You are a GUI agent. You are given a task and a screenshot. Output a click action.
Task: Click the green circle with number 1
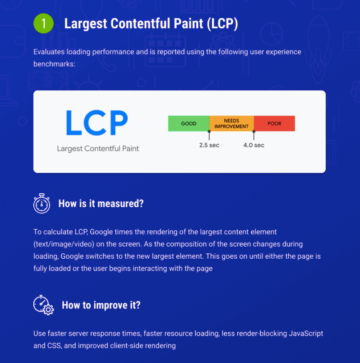click(43, 23)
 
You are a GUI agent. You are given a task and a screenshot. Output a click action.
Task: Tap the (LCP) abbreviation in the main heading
click(222, 23)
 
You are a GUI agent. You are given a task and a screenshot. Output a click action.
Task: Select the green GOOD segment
click(189, 123)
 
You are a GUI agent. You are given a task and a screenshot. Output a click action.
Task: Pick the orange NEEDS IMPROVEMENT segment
click(231, 123)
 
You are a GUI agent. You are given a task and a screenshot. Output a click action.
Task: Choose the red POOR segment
click(274, 123)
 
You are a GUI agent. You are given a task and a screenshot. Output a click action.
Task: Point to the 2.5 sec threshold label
click(209, 145)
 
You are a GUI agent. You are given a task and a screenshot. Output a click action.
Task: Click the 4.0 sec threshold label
click(254, 145)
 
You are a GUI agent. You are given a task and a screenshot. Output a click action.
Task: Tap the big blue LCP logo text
click(97, 123)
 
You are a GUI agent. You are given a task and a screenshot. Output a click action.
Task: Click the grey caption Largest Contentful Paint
click(98, 149)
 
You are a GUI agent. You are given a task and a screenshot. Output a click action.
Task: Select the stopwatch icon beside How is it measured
click(42, 203)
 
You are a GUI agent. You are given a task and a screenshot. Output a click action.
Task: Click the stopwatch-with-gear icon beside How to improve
click(43, 305)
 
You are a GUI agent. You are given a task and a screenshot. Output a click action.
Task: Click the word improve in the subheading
click(111, 305)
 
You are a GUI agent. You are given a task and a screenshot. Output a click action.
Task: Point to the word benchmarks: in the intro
click(55, 64)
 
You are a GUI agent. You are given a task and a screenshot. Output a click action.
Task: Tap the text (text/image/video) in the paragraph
click(64, 244)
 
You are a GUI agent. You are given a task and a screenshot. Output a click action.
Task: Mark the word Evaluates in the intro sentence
click(49, 52)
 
